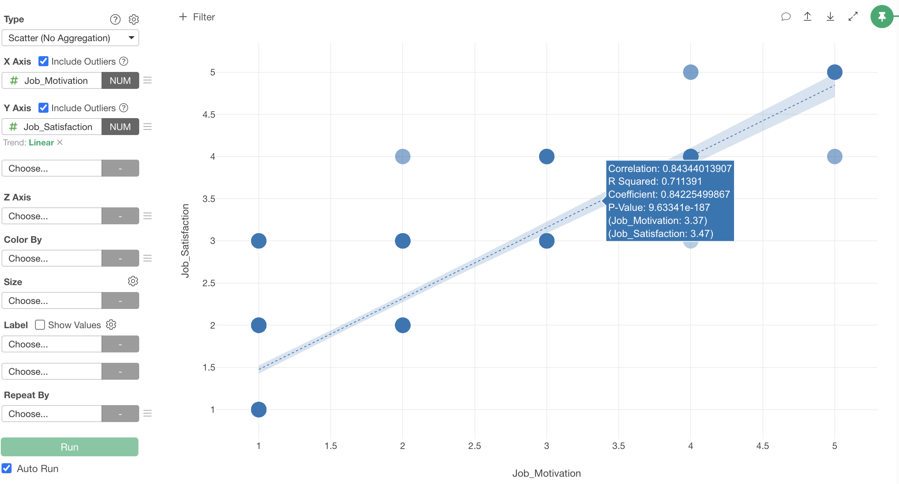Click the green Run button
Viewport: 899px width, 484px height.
(x=70, y=447)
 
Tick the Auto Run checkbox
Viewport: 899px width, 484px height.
(x=7, y=468)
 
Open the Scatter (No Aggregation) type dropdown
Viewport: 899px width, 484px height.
(x=70, y=38)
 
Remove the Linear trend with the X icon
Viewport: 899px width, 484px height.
(x=60, y=142)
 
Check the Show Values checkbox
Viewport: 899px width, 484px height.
(x=40, y=325)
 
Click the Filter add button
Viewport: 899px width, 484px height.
(x=197, y=17)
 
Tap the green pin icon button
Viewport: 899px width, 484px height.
(x=882, y=17)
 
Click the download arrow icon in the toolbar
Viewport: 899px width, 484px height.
(x=830, y=17)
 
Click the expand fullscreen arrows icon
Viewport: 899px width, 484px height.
(x=853, y=17)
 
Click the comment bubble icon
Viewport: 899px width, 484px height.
(x=786, y=17)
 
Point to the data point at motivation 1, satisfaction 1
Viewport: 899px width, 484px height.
(x=259, y=409)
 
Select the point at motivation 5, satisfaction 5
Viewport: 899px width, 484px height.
(x=834, y=72)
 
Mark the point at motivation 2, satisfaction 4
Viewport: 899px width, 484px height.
(x=403, y=156)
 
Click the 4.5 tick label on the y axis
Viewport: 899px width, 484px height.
(x=209, y=114)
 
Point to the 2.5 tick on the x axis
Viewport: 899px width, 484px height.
(x=474, y=446)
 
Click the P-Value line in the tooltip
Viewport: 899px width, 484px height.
(x=659, y=207)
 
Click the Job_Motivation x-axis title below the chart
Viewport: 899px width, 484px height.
(x=546, y=473)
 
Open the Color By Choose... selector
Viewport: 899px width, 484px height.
(x=52, y=258)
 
